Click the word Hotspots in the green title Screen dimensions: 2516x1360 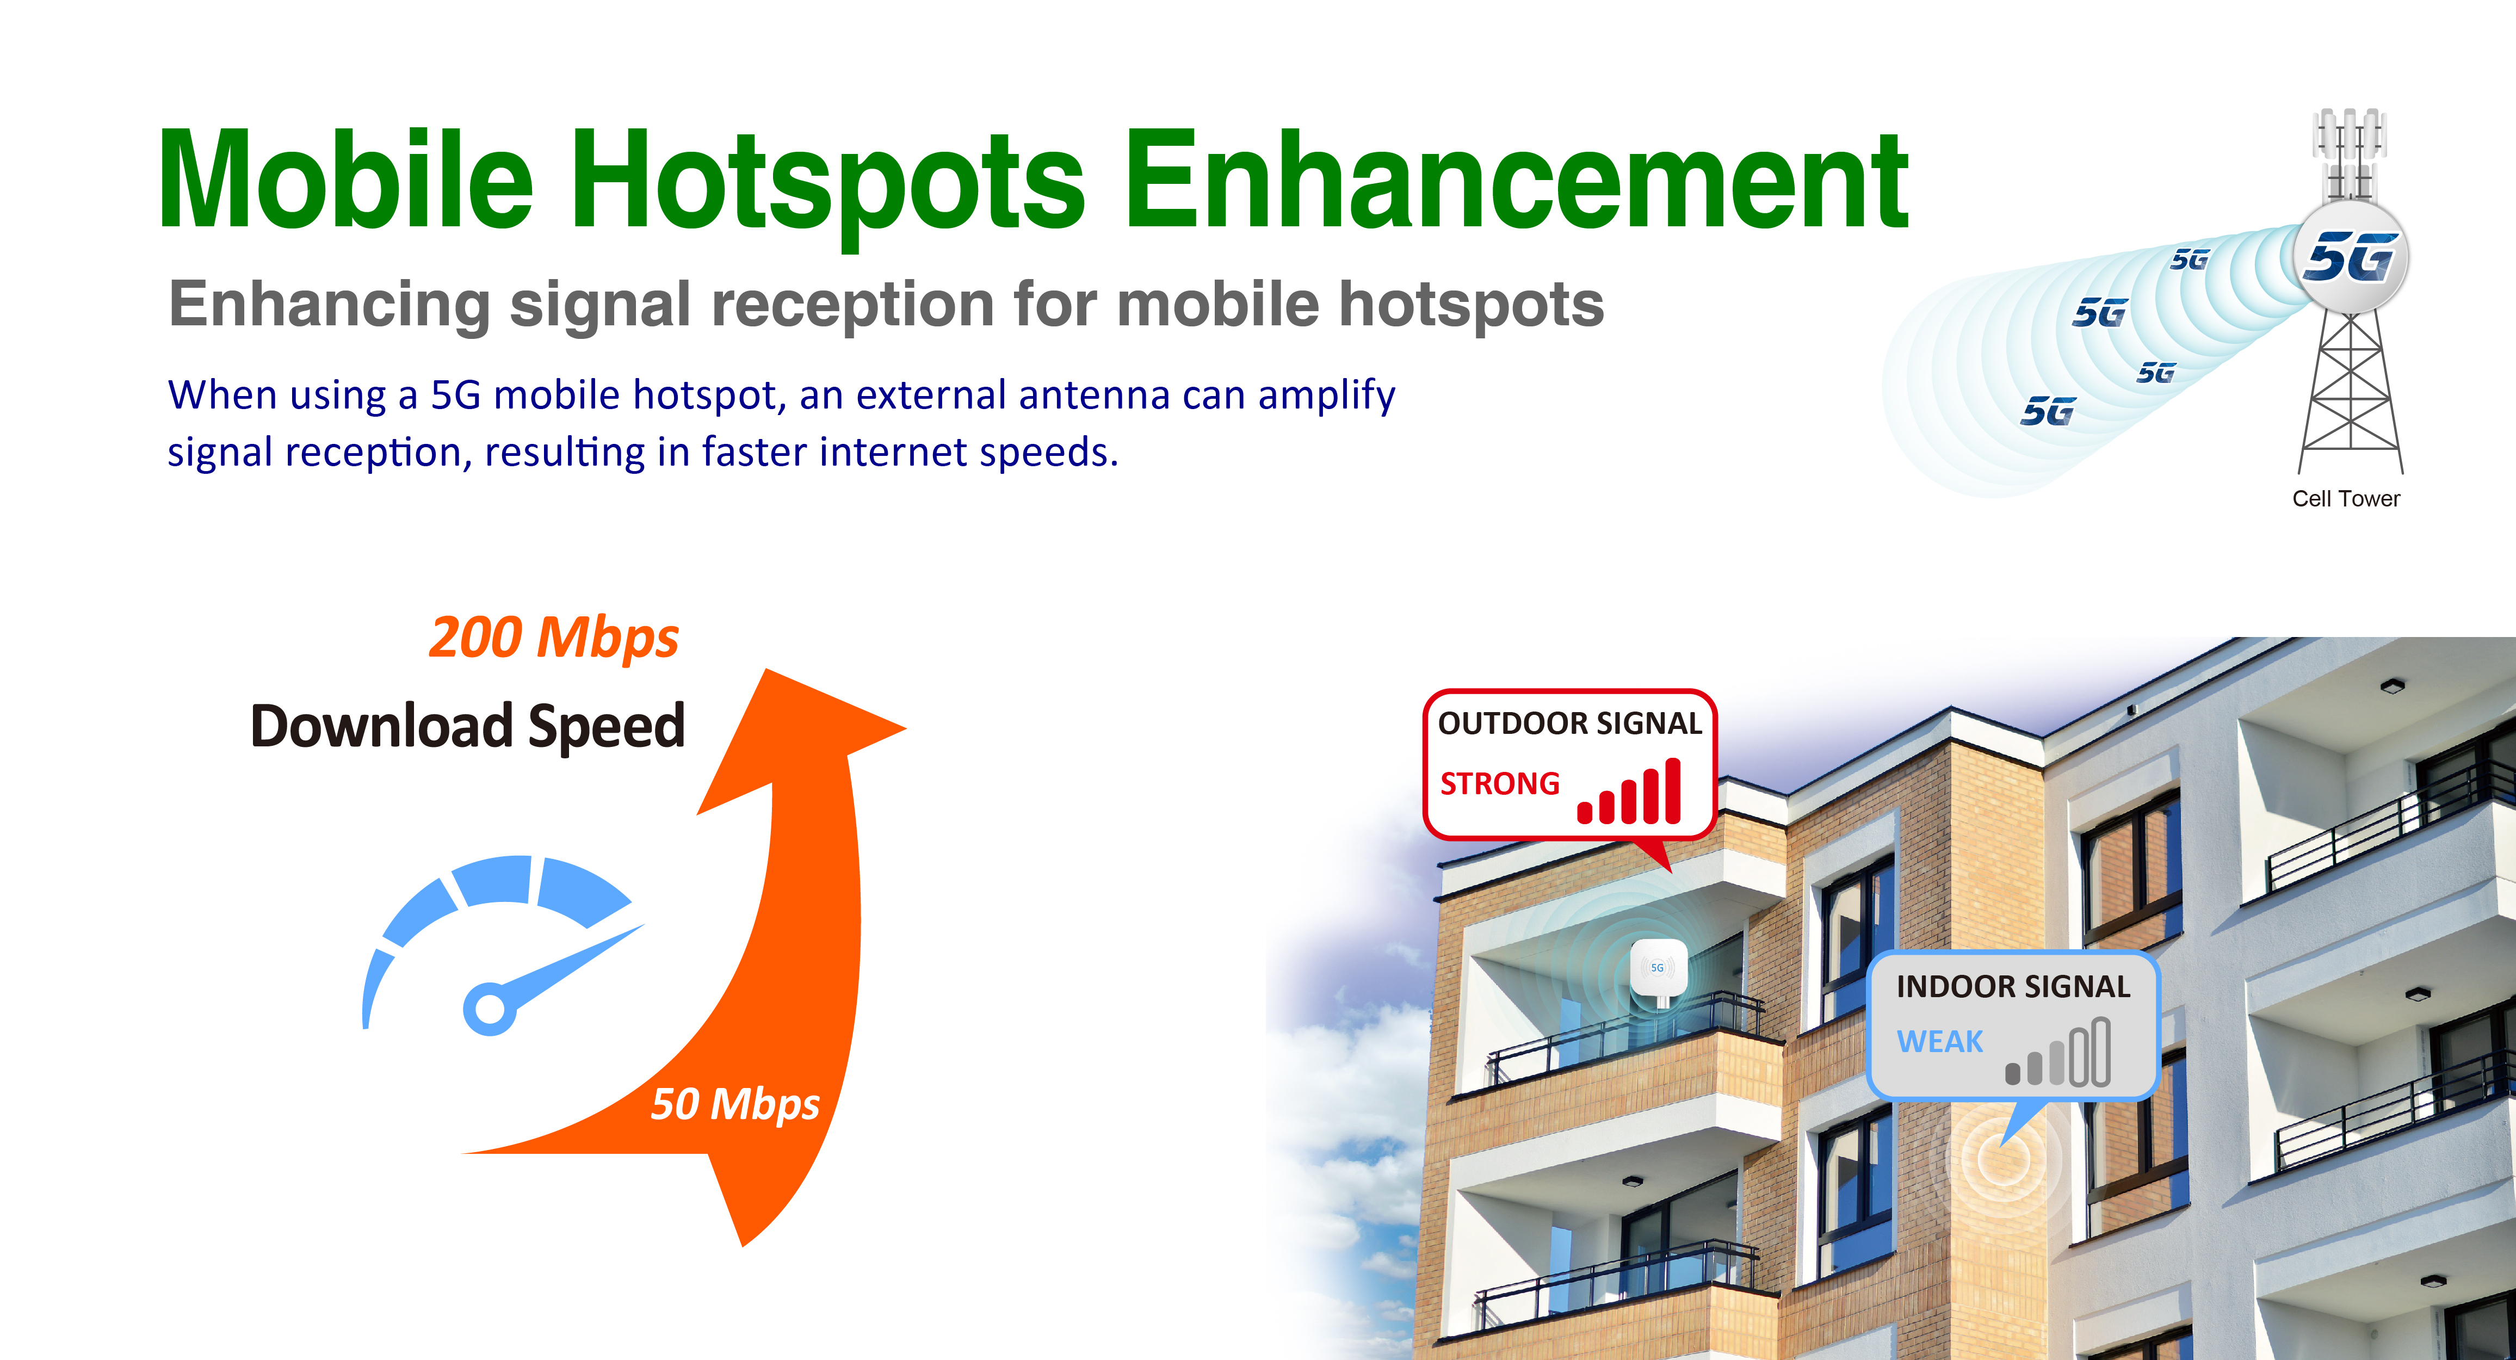(x=827, y=186)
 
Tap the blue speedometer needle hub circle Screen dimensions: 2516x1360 (x=489, y=1008)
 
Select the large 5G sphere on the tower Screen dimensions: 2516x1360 (x=2350, y=257)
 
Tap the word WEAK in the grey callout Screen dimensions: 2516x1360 (x=1940, y=1042)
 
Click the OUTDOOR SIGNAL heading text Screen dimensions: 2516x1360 (x=1569, y=723)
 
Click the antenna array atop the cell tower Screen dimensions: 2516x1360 (x=2349, y=154)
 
